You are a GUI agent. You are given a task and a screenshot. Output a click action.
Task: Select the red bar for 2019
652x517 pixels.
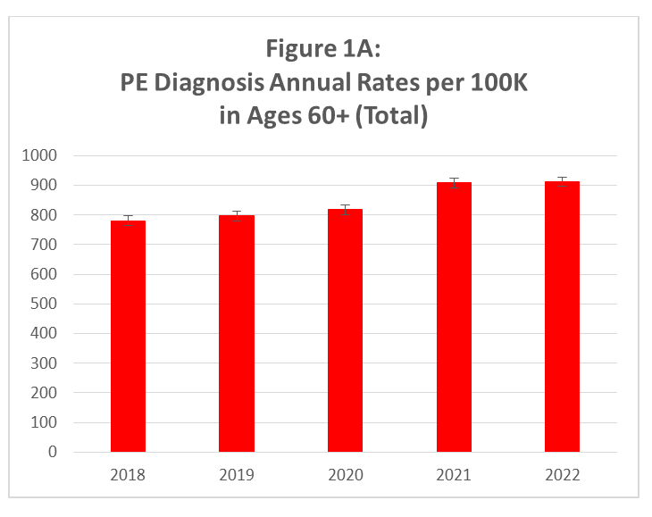tap(237, 334)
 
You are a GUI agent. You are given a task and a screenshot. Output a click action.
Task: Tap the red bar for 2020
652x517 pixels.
tap(345, 330)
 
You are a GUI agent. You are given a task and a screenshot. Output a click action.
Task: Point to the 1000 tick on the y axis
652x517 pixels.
tap(39, 155)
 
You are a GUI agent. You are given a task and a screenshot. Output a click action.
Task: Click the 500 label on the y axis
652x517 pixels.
tap(45, 304)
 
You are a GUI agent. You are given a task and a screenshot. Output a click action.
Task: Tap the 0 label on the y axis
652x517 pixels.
tap(53, 452)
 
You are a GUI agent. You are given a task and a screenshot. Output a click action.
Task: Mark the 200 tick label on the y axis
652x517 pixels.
tap(45, 393)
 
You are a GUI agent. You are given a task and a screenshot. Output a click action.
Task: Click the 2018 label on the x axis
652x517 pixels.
tap(128, 475)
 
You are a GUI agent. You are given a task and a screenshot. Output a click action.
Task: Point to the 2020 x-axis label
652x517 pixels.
tap(345, 475)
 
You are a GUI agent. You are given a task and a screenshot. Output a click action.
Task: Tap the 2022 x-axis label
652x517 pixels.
tap(563, 475)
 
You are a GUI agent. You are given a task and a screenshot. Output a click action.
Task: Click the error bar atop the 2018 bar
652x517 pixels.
tap(128, 221)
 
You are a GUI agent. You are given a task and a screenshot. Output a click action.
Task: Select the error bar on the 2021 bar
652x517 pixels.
tap(454, 183)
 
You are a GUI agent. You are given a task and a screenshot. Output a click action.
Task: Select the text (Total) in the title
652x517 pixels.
tap(390, 116)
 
